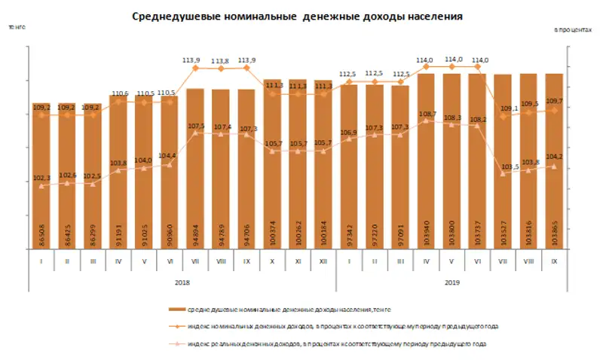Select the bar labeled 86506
coord(42,181)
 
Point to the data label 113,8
coord(221,62)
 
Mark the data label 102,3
coord(41,177)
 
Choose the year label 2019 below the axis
coord(452,283)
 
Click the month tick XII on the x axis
coord(324,262)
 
